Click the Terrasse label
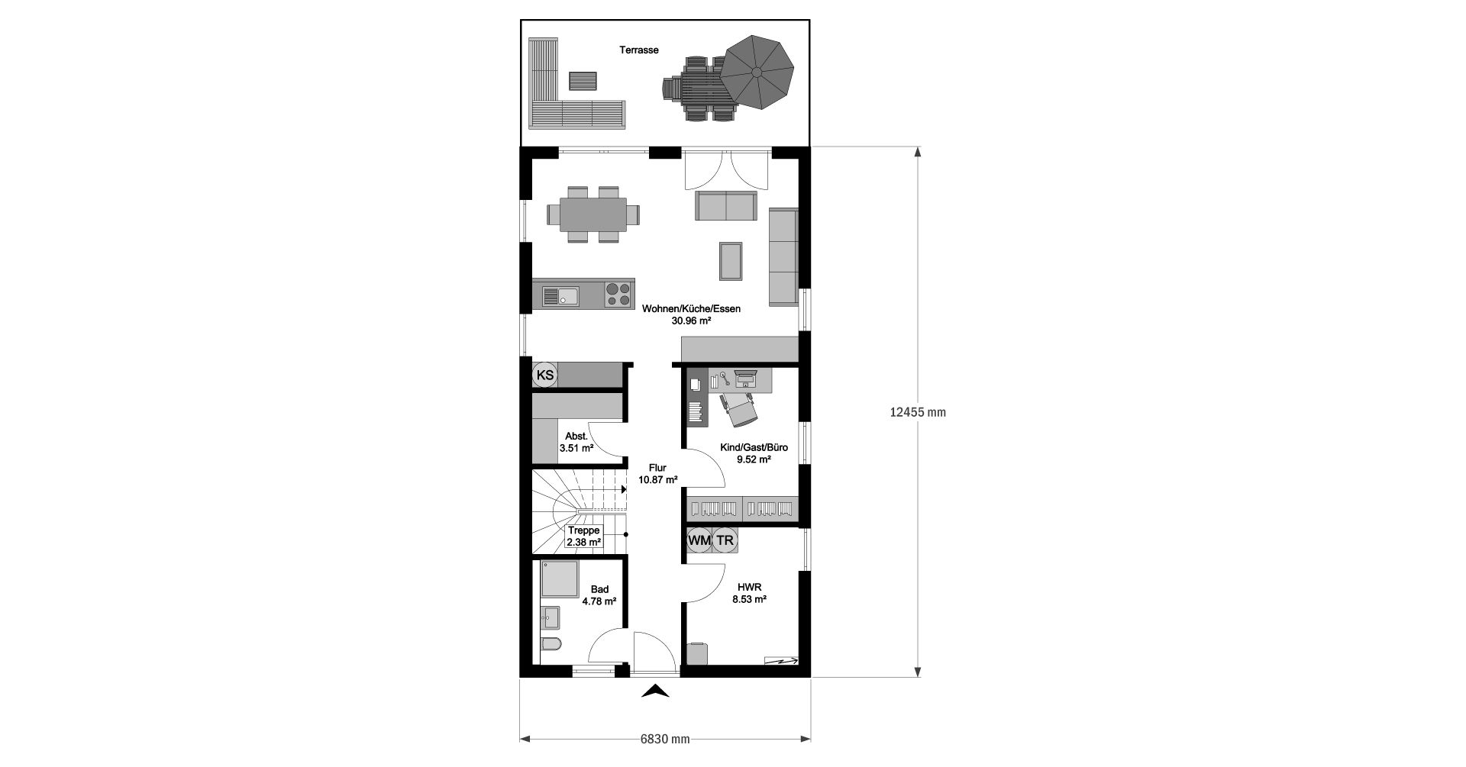[639, 50]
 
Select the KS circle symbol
[545, 375]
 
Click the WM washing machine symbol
[699, 540]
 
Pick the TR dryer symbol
[725, 540]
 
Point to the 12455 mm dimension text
[918, 412]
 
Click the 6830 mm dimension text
[665, 739]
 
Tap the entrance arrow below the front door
[655, 691]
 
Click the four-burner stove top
[618, 295]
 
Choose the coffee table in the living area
[731, 260]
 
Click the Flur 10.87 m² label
[658, 474]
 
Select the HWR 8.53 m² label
[750, 593]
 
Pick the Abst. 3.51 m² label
[576, 442]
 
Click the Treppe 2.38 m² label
[584, 537]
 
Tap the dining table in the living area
[593, 214]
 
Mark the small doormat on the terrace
[583, 81]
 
